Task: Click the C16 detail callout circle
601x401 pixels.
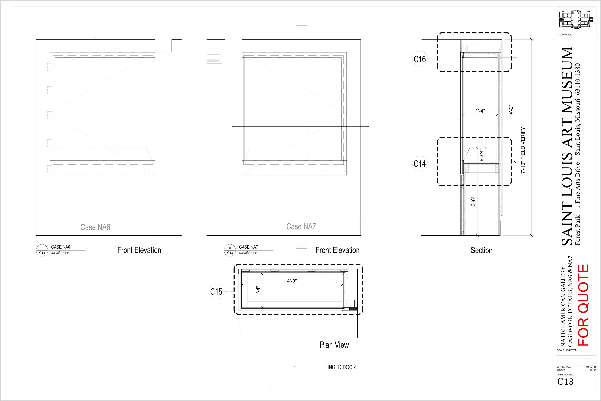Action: (x=420, y=59)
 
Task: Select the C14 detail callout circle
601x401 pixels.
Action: (x=420, y=164)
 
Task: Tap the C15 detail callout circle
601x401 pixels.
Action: (x=216, y=292)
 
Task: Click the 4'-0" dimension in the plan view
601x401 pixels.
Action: (x=292, y=281)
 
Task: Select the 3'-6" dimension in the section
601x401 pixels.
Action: (x=473, y=201)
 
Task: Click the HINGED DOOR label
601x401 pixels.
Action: (x=340, y=367)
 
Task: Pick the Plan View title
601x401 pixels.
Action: (x=334, y=345)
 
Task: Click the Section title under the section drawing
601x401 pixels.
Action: (x=482, y=250)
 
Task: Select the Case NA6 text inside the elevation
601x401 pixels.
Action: (x=95, y=227)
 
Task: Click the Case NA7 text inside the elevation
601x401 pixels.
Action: (x=301, y=226)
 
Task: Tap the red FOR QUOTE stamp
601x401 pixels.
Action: (x=583, y=305)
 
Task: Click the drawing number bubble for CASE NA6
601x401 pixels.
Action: (x=42, y=250)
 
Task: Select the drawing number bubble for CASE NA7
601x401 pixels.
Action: (x=230, y=250)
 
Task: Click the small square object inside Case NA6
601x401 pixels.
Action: (x=74, y=143)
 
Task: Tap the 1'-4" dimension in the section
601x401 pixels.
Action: (x=480, y=111)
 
